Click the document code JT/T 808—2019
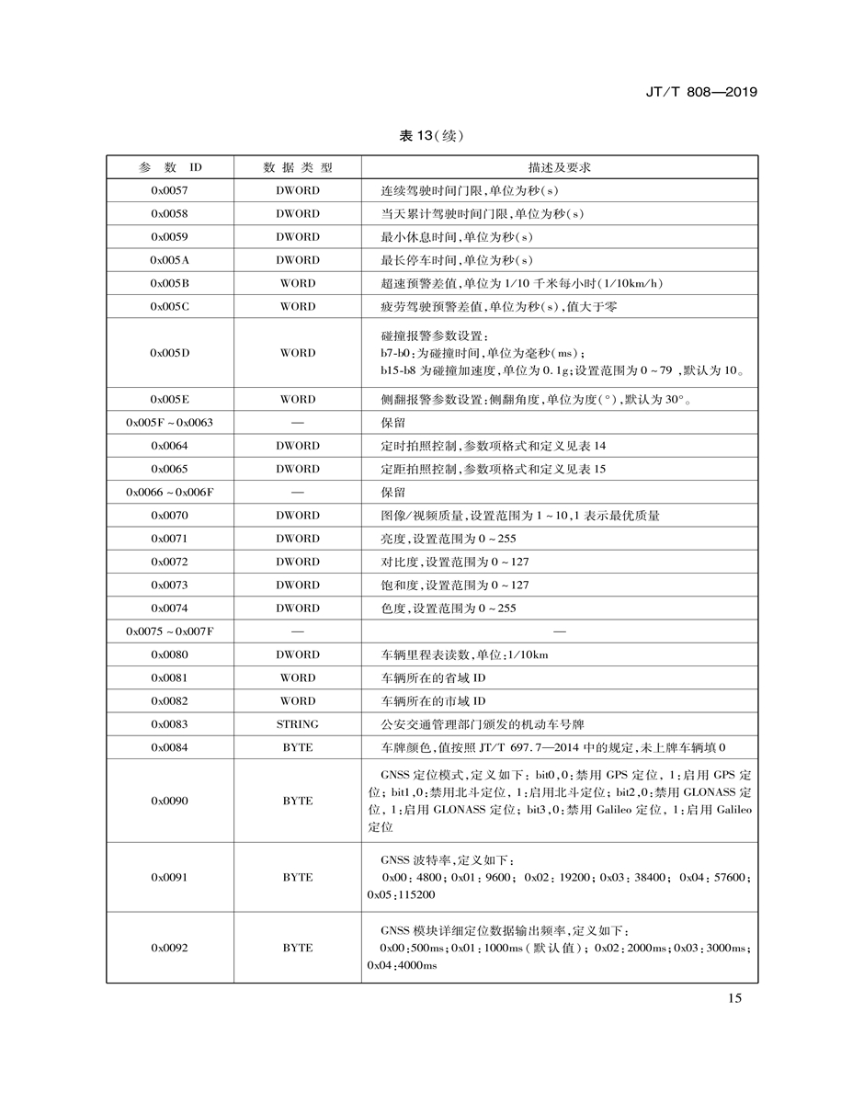pos(702,93)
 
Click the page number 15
pos(733,999)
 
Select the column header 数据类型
pos(297,167)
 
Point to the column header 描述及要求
pos(559,167)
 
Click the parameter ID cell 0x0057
pos(169,190)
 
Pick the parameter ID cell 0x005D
pos(169,353)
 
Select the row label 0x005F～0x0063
pos(169,423)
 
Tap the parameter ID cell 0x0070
pos(169,516)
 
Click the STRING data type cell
pos(297,724)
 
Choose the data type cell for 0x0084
pos(297,747)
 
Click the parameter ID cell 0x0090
pos(169,801)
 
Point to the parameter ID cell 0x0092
pos(169,948)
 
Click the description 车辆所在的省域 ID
pos(433,678)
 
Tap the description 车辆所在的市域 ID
pos(433,701)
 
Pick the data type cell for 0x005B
pos(297,283)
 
